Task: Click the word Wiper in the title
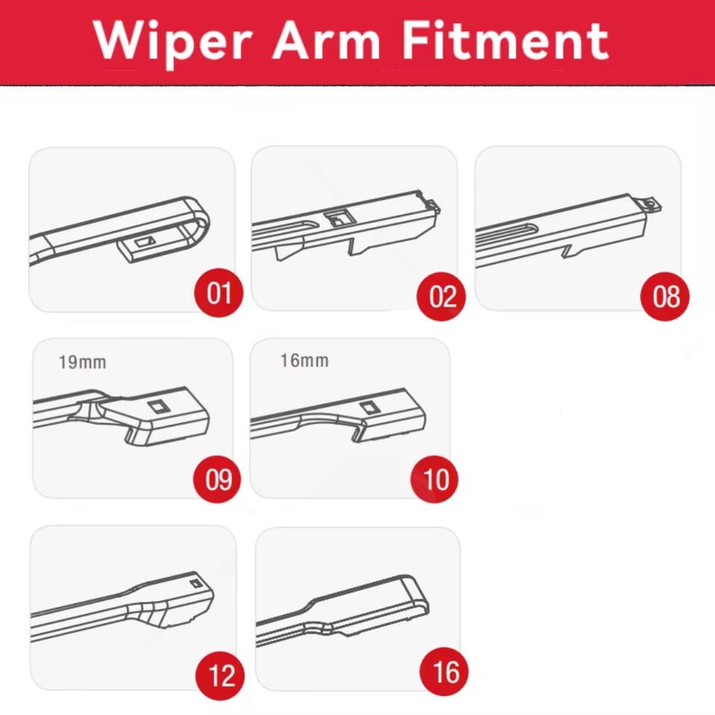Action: coord(174,42)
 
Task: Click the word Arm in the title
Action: coord(326,40)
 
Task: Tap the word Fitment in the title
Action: coord(505,40)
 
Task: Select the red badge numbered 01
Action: coord(219,292)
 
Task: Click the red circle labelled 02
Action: coord(442,296)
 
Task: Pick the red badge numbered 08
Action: coord(665,296)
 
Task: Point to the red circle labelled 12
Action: coord(220,676)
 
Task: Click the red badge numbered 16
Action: coord(444,672)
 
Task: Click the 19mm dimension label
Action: coord(83,363)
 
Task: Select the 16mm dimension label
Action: coord(304,360)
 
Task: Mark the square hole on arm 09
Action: coord(159,405)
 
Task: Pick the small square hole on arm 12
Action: coord(196,583)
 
